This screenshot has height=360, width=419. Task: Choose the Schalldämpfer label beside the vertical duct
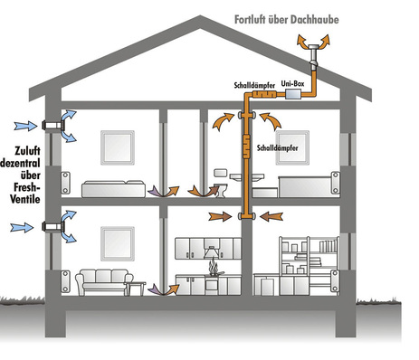[x=280, y=145]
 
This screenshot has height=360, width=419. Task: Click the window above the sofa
[x=116, y=242]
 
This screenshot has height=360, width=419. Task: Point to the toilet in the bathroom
[x=219, y=188]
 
